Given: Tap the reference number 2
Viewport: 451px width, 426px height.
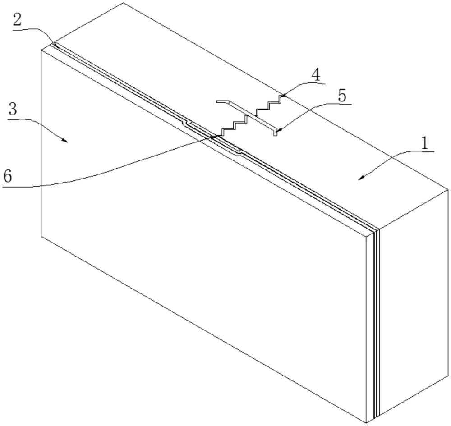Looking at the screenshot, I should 18,20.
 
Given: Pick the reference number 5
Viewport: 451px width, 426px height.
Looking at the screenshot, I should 342,96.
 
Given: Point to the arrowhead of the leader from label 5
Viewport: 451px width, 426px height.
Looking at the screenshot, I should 278,131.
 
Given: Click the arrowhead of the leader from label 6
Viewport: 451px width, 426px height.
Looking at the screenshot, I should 211,137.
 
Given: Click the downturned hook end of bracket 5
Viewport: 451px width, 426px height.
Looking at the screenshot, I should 275,133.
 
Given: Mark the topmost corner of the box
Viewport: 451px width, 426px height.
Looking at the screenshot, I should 123,3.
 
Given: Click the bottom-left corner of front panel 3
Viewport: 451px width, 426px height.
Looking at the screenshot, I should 41,236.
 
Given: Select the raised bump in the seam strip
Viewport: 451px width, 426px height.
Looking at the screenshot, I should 212,137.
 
